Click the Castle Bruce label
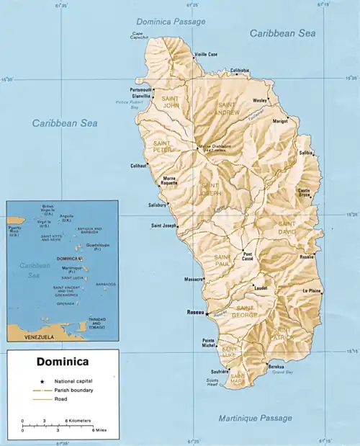tap(309, 192)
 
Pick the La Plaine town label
tap(312, 290)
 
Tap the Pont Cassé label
tap(248, 257)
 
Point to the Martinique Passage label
tap(256, 418)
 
